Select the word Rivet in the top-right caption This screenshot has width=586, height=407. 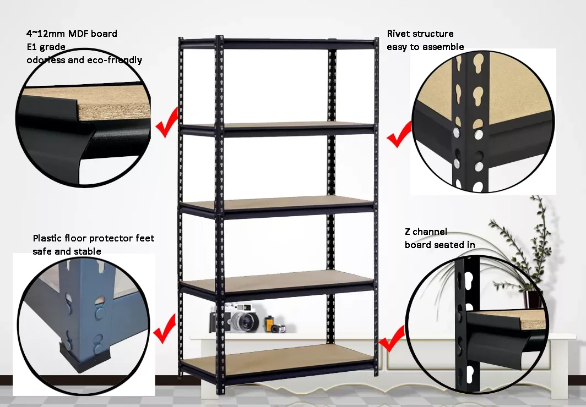398,34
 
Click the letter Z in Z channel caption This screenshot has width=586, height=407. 408,232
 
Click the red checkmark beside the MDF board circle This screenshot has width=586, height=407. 167,123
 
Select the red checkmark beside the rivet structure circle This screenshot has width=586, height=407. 399,135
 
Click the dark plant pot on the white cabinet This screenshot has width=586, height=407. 534,300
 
